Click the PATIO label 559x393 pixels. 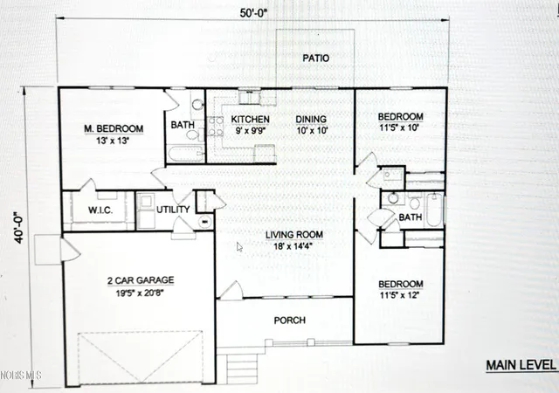(x=316, y=59)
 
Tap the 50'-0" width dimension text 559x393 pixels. (x=253, y=13)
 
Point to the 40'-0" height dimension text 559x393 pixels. (x=19, y=228)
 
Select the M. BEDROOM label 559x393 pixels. (x=114, y=128)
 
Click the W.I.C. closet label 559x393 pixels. (x=100, y=210)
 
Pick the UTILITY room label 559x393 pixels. (x=173, y=210)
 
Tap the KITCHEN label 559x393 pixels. (x=251, y=119)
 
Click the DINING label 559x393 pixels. (x=311, y=119)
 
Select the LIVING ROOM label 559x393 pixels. (x=294, y=235)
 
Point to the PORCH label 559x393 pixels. (x=290, y=321)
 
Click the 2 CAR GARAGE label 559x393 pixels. (x=141, y=280)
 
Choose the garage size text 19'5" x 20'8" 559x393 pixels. (x=140, y=293)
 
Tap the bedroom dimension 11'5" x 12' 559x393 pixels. (x=399, y=295)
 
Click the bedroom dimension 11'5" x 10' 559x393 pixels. (x=399, y=128)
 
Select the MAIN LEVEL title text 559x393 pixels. (x=521, y=365)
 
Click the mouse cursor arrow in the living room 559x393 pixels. (x=239, y=247)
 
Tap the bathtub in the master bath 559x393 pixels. (x=186, y=154)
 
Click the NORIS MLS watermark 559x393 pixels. (x=21, y=376)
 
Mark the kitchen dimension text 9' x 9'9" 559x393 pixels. (x=251, y=130)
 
